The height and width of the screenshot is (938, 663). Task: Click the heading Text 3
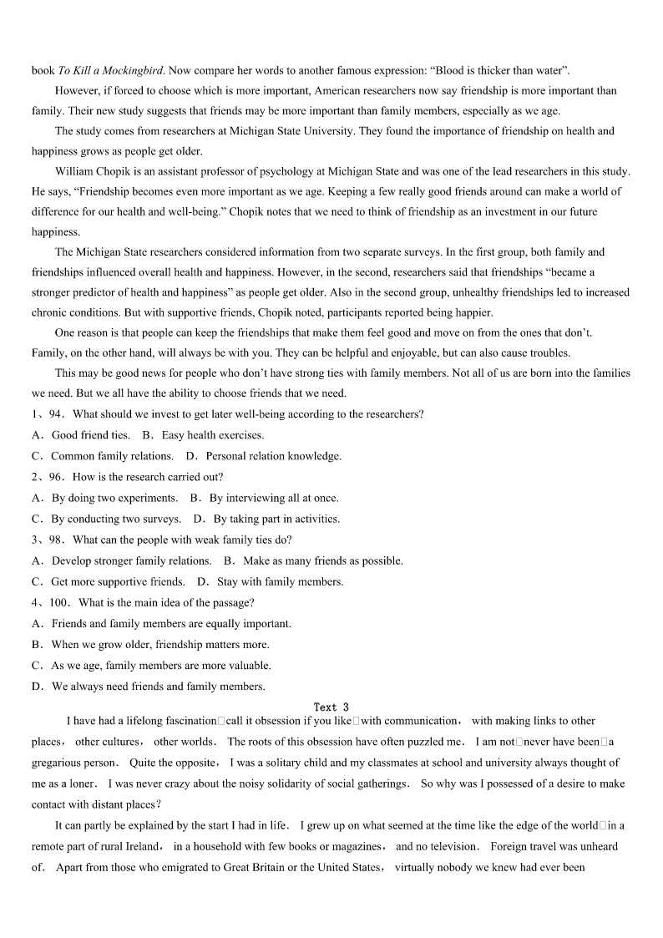tap(331, 707)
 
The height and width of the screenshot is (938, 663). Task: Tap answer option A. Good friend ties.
tap(81, 435)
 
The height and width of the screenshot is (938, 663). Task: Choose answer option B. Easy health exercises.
tap(203, 435)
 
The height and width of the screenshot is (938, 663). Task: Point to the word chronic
tap(50, 313)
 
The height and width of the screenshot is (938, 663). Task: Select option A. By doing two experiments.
tap(104, 498)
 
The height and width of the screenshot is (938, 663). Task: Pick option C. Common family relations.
tap(103, 456)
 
